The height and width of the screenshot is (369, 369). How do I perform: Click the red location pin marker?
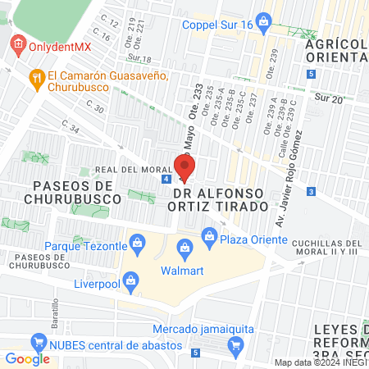click(184, 167)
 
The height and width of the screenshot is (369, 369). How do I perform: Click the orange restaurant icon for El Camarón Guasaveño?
click(35, 79)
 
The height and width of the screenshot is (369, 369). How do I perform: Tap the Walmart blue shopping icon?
click(184, 247)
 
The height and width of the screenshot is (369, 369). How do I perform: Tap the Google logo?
click(28, 358)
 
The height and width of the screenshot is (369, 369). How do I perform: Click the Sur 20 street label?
click(330, 98)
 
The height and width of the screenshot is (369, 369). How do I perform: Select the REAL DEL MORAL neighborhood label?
click(128, 170)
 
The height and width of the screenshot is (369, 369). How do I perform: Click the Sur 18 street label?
click(140, 58)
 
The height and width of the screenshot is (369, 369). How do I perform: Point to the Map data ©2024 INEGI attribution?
click(321, 362)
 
